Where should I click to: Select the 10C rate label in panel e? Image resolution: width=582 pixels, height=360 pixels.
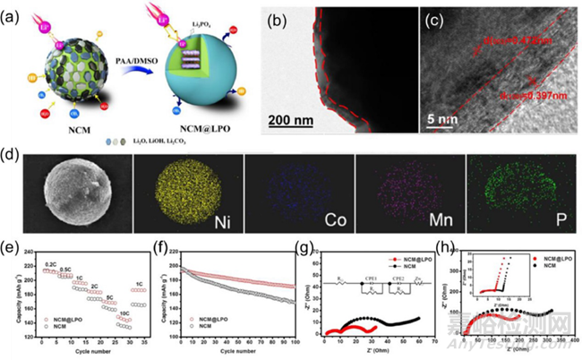tap(123, 314)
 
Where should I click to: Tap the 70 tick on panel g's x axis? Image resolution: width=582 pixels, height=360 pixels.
tap(432, 344)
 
